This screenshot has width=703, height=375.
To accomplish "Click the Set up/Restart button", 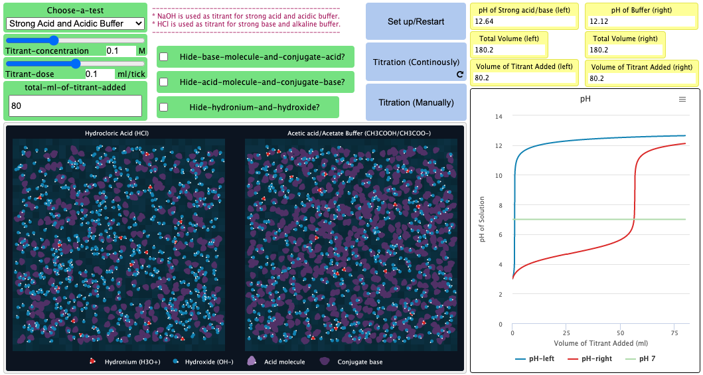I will click(416, 21).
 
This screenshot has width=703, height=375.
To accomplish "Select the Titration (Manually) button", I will click(416, 102).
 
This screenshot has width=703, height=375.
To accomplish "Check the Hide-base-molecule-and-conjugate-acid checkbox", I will click(164, 57).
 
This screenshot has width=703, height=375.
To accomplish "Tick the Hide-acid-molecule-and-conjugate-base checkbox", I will click(164, 82).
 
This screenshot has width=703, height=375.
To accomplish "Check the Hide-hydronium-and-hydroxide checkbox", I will click(164, 107).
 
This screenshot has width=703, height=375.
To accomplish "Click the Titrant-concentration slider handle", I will click(54, 40).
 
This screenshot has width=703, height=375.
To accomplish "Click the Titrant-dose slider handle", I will click(75, 64).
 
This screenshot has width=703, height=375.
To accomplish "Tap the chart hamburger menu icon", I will click(682, 99).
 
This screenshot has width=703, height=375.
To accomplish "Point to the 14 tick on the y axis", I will click(499, 116).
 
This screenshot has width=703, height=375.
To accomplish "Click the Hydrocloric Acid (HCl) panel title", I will click(116, 133).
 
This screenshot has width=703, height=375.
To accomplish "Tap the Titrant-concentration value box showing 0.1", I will click(119, 51).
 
